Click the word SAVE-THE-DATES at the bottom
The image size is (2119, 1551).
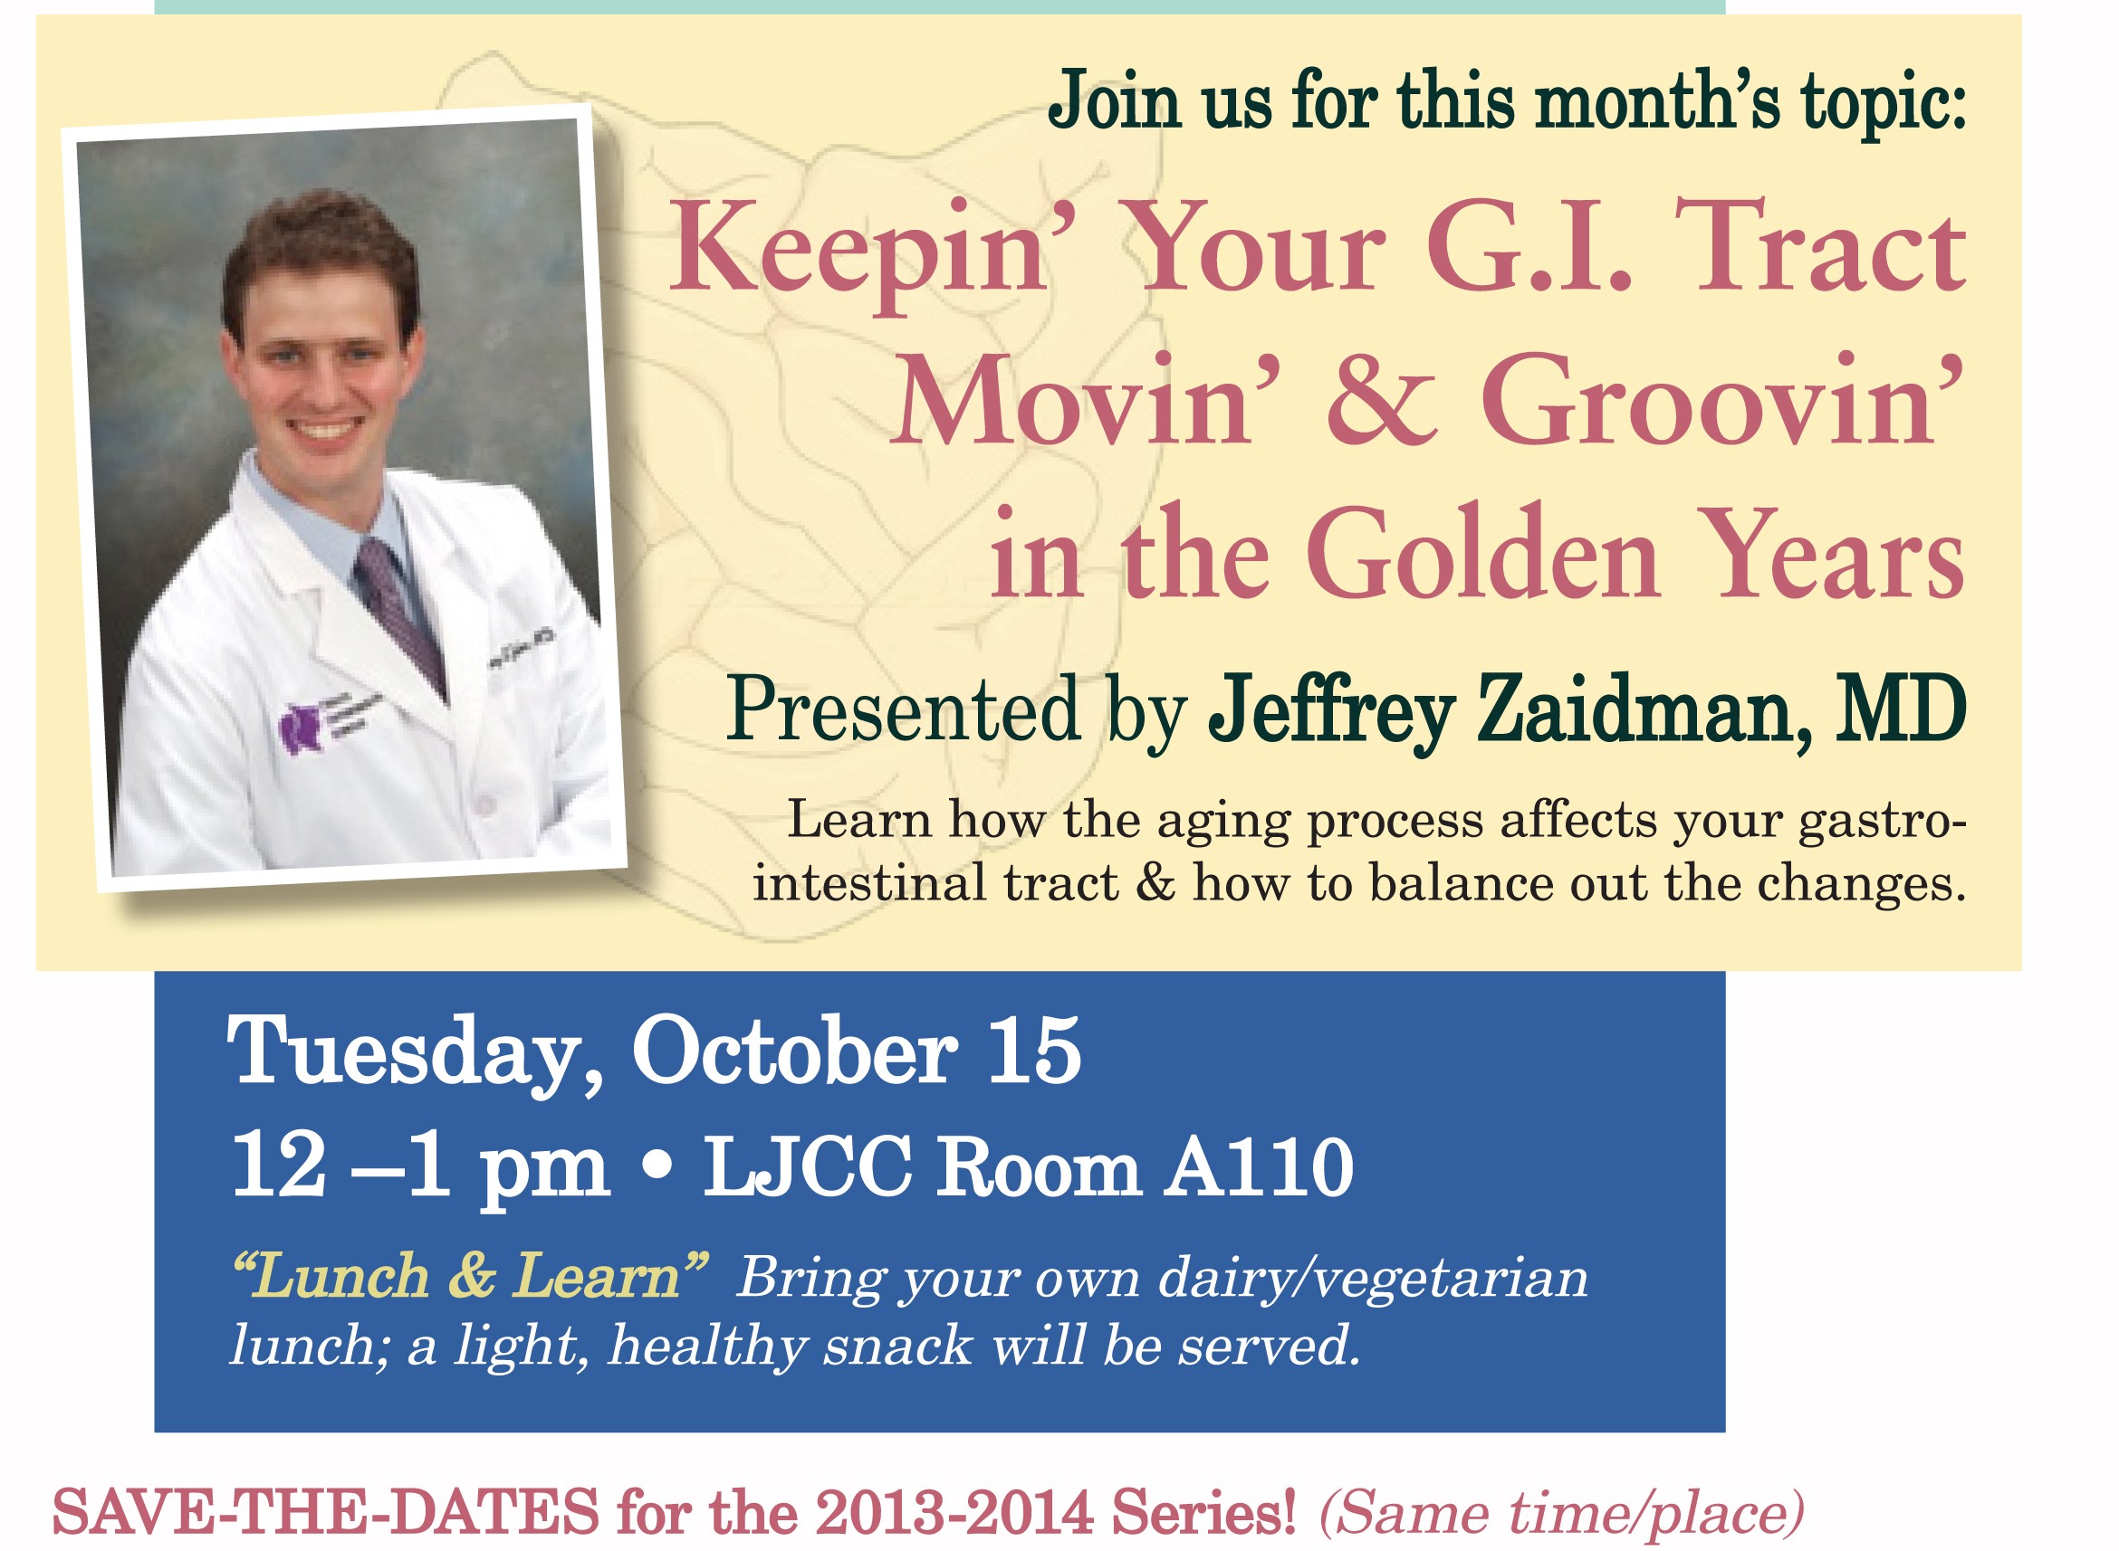coord(325,1510)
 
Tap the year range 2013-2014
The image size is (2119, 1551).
coord(954,1510)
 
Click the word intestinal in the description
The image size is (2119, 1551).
coord(868,882)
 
